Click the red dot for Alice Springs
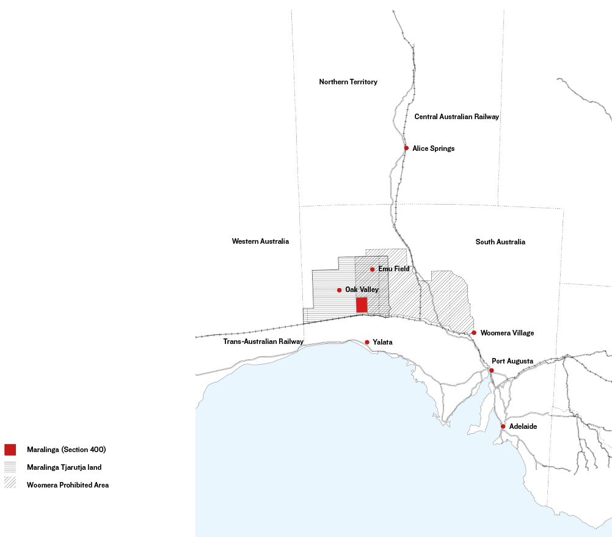point(406,148)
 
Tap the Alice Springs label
point(434,148)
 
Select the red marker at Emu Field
point(372,269)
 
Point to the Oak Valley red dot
point(339,290)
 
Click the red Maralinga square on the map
point(362,305)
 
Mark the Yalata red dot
point(367,342)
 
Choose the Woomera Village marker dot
point(474,333)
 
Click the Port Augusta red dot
point(492,370)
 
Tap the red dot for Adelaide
point(503,426)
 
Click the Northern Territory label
point(348,82)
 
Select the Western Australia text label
point(260,241)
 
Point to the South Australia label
point(500,242)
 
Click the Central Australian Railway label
point(457,117)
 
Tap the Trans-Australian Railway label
point(263,342)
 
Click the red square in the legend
point(10,450)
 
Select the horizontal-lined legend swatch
point(10,467)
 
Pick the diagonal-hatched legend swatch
point(10,485)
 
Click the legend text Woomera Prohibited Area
point(68,485)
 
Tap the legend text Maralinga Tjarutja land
point(64,467)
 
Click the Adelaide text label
point(523,426)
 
